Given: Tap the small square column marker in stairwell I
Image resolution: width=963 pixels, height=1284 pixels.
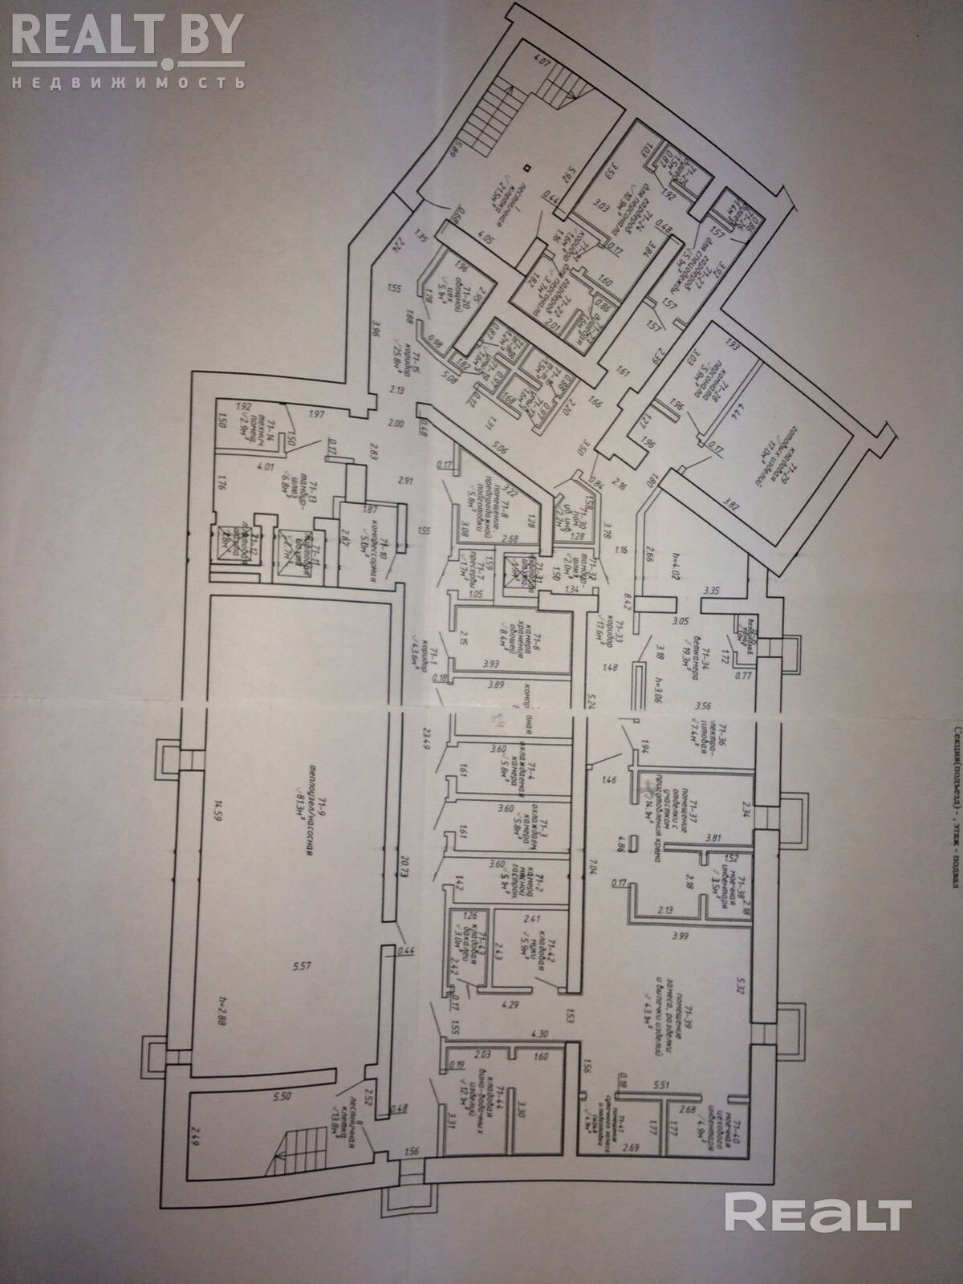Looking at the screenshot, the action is click(x=526, y=168).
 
